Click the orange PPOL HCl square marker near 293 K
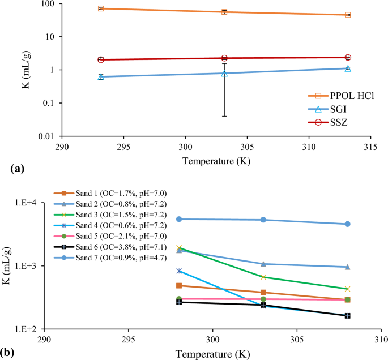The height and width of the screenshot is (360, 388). click(101, 8)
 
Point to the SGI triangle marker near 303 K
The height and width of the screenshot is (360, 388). click(224, 74)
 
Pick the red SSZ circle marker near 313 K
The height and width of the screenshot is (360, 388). click(348, 57)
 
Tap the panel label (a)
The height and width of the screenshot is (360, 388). click(16, 169)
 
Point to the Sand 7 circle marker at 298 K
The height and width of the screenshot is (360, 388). click(179, 219)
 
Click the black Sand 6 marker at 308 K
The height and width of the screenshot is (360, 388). click(348, 315)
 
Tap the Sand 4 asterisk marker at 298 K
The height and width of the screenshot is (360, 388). click(179, 271)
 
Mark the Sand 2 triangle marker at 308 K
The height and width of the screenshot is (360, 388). click(348, 267)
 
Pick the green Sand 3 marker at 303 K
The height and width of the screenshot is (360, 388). click(263, 277)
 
